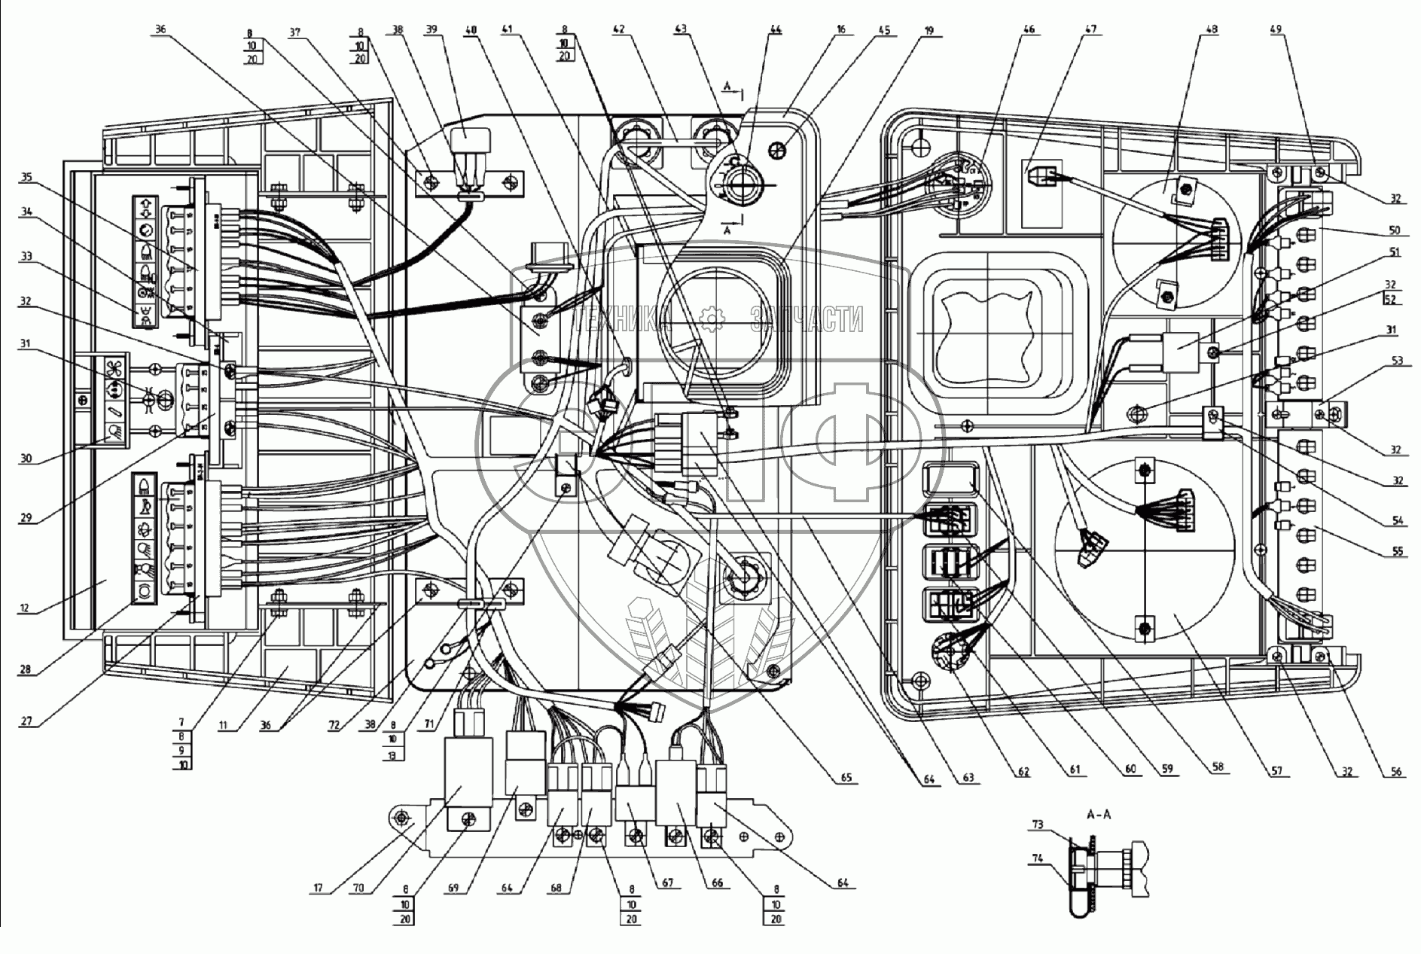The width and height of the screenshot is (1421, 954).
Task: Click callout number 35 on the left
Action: click(27, 178)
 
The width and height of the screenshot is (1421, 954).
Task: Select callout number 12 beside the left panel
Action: click(26, 608)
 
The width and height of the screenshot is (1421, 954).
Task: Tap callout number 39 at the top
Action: click(432, 30)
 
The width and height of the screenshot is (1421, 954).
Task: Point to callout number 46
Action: click(1029, 30)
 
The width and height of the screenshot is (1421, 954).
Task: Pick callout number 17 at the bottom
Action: click(319, 888)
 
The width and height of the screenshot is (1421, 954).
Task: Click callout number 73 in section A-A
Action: click(1038, 825)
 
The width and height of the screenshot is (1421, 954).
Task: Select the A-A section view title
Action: click(1099, 815)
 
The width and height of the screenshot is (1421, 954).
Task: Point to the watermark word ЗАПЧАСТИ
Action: click(807, 322)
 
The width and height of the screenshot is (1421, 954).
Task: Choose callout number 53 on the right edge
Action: click(1398, 361)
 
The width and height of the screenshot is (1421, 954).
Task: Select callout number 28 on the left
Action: click(26, 670)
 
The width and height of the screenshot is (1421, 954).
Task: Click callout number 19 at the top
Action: click(929, 30)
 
